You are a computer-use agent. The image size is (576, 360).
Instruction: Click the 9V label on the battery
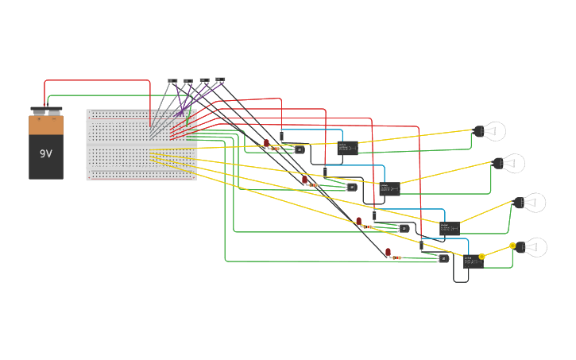click(x=45, y=153)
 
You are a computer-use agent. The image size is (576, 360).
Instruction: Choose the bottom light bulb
click(x=531, y=247)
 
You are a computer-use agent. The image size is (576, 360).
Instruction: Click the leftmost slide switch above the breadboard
click(x=172, y=81)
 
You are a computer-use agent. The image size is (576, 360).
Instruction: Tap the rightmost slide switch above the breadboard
click(x=220, y=80)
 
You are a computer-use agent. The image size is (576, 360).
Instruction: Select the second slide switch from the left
click(x=188, y=81)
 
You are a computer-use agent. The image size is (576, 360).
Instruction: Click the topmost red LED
click(x=266, y=143)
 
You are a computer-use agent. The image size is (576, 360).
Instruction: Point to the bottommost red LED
click(x=389, y=252)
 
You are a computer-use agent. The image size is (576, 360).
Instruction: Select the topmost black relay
click(x=347, y=147)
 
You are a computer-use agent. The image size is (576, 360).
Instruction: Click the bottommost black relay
click(x=473, y=261)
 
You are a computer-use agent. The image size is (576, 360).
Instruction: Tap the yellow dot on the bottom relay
click(x=481, y=257)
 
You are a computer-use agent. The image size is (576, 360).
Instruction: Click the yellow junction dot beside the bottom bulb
click(x=512, y=246)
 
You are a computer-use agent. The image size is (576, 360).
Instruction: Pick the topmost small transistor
click(x=299, y=149)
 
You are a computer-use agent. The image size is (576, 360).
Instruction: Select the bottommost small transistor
click(x=443, y=258)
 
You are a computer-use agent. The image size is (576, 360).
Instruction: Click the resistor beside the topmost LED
click(x=276, y=148)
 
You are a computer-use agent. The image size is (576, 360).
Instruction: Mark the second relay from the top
click(x=389, y=188)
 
